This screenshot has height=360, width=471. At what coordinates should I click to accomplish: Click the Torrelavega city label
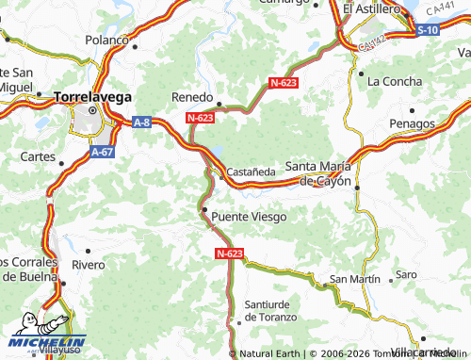[x=92, y=96]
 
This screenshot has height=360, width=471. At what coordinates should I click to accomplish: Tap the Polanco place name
[x=106, y=40]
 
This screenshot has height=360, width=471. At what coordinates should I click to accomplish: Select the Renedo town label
[x=191, y=97]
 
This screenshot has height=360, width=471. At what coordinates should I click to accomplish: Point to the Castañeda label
[x=251, y=172]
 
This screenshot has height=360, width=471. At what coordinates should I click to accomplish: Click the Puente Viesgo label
[x=249, y=216]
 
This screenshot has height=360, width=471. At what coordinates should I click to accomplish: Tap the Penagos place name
[x=412, y=123]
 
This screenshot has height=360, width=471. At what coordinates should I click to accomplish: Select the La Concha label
[x=393, y=81]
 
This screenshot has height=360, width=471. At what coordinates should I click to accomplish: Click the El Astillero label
[x=373, y=8]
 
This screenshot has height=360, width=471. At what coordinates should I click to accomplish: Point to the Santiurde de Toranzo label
[x=270, y=310]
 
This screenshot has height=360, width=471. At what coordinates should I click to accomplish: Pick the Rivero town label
[x=88, y=265]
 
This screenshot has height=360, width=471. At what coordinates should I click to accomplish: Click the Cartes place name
[x=38, y=155]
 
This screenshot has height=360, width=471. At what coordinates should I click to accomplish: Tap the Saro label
[x=406, y=274]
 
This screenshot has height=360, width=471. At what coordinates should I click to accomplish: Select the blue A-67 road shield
[x=103, y=151]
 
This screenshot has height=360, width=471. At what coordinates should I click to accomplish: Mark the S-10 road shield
[x=428, y=30]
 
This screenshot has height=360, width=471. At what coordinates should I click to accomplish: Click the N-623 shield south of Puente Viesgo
[x=229, y=254]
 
